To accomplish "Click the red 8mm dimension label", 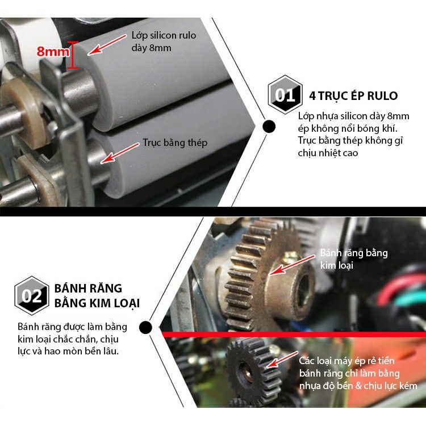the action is click(53, 51).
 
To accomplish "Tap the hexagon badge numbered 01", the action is click(285, 94).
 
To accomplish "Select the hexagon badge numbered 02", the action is click(32, 295).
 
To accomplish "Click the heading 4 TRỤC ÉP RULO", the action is click(353, 96).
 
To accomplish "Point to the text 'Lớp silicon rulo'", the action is click(164, 35).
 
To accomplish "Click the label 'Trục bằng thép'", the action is click(175, 143).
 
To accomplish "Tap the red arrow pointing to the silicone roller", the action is click(107, 44).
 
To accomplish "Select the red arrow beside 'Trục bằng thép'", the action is click(120, 153).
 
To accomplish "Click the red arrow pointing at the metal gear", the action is click(292, 265).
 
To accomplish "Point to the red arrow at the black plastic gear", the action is click(282, 360).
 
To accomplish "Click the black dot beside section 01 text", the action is click(269, 127).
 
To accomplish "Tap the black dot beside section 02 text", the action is click(145, 327).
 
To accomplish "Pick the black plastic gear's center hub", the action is click(246, 373).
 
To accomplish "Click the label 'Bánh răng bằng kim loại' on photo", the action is click(354, 259).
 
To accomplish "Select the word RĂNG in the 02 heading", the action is click(107, 289).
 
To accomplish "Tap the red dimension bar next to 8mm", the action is click(73, 55).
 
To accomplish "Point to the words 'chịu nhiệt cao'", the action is click(328, 153).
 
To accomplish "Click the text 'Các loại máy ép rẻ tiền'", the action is click(346, 361).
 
